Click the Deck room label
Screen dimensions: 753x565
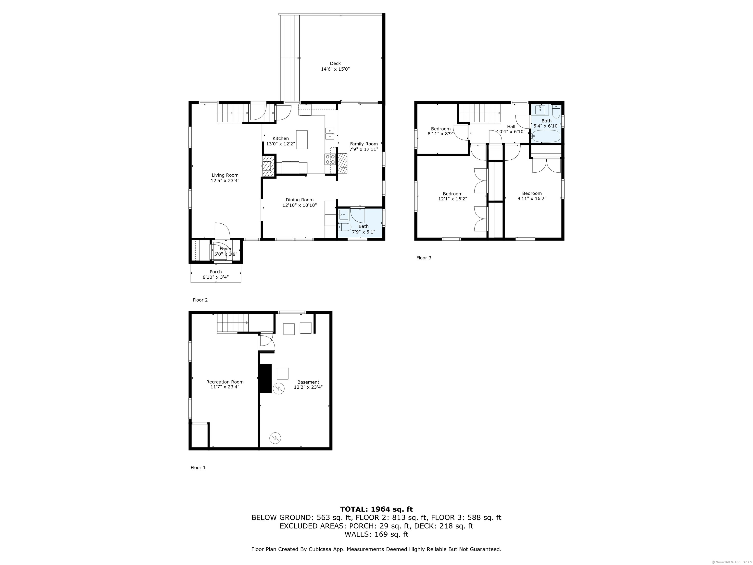click(x=335, y=63)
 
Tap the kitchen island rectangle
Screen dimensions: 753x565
click(x=301, y=140)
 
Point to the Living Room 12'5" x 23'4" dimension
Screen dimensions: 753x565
click(x=225, y=181)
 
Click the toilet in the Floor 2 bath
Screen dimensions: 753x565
click(x=344, y=227)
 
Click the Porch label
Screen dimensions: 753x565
click(x=216, y=272)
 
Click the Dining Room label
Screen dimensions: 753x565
click(x=300, y=200)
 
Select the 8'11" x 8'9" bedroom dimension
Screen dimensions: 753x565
click(x=441, y=134)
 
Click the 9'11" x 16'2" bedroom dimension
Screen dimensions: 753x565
click(x=532, y=199)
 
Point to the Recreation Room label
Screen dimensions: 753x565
click(x=225, y=382)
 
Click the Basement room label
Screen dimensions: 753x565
click(x=308, y=382)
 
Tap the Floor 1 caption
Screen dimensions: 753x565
click(x=198, y=468)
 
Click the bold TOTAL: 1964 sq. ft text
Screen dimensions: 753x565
click(x=376, y=509)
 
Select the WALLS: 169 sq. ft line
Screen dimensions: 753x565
click(x=376, y=534)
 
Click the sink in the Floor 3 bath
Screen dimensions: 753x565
click(x=540, y=110)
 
